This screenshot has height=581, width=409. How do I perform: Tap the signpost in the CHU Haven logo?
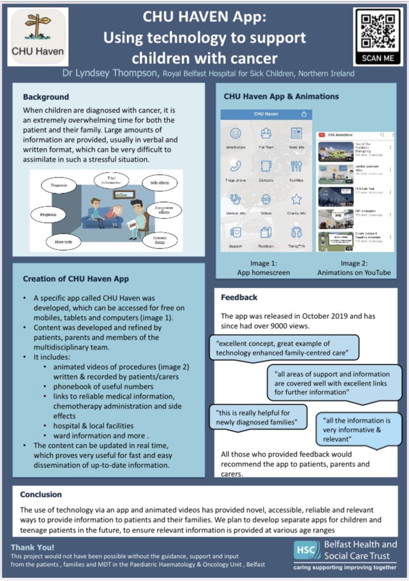coord(38,28)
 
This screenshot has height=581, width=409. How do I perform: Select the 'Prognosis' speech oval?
coord(48,215)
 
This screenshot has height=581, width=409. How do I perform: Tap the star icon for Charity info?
coord(296,199)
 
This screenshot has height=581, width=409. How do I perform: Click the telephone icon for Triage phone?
coord(235,166)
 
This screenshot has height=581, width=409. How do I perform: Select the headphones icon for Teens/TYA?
coord(296,232)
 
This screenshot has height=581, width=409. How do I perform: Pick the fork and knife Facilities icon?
coord(296,166)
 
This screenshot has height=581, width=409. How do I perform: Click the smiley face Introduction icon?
coord(235,133)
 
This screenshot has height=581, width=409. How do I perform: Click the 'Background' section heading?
coord(46,97)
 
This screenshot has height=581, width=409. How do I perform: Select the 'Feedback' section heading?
coord(239,298)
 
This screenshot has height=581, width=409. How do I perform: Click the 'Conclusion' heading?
coord(41,494)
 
